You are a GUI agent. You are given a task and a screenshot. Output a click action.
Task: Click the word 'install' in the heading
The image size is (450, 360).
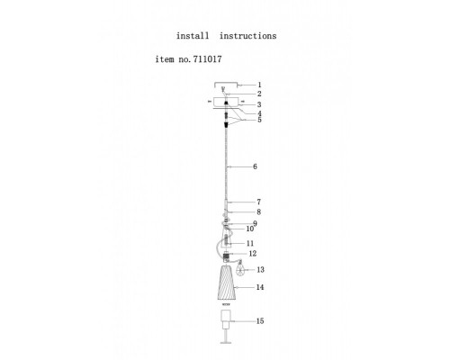tap(193, 36)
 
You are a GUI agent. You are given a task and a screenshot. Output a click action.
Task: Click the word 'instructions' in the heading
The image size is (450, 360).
tap(247, 36)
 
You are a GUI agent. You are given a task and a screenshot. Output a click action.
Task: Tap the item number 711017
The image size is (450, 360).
tap(207, 59)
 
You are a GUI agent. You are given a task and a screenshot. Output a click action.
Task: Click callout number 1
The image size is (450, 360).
tap(260, 85)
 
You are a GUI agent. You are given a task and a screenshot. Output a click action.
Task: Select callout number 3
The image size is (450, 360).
tap(259, 104)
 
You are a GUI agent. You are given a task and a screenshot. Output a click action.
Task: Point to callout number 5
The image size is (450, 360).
tap(259, 120)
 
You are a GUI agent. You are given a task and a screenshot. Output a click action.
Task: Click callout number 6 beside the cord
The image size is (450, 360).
tap(255, 166)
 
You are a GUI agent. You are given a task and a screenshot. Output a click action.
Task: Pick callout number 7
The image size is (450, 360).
tap(258, 202)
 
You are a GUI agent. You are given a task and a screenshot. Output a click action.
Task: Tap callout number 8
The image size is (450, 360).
tap(258, 212)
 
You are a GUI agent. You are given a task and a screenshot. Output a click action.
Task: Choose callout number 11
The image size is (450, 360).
tap(250, 243)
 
